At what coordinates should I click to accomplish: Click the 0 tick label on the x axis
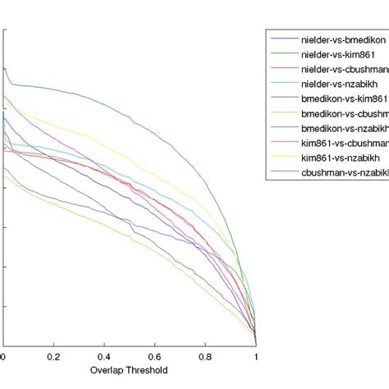3,358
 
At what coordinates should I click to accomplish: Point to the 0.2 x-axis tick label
53,358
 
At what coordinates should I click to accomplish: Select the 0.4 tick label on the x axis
104,358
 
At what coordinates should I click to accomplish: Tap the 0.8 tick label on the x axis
205,358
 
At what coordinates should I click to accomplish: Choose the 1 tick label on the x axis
255,358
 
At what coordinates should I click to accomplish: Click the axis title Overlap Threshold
129,371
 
